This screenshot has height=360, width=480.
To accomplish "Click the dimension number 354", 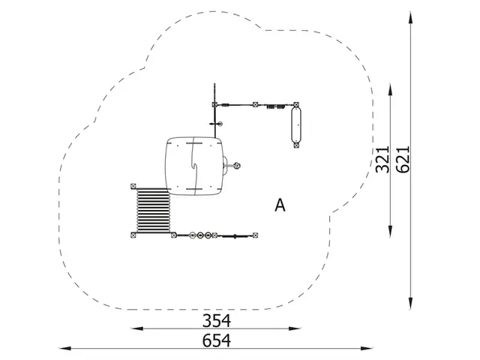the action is tap(217, 320).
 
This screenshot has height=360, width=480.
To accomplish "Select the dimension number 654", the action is tap(217, 340).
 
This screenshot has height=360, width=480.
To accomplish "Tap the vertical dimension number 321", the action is tap(382, 160).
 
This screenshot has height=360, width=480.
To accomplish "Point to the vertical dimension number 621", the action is tap(403, 160).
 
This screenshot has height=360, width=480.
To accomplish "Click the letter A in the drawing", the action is tap(280, 205).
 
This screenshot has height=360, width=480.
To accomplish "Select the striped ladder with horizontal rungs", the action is tap(153, 210).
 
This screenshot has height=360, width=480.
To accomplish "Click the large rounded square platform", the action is tap(194, 166).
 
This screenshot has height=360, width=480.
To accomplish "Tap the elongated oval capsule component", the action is tap(296, 125).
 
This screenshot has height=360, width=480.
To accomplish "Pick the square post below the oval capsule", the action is tap(296, 145).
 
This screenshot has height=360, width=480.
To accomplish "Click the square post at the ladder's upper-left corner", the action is tap(133, 186).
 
